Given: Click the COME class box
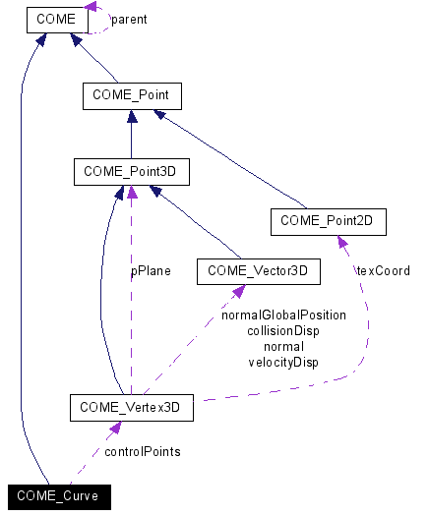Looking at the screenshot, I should [x=56, y=19].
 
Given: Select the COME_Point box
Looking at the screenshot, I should [x=132, y=95].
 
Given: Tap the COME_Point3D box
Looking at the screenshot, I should [x=131, y=173].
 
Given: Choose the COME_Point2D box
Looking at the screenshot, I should [x=328, y=221].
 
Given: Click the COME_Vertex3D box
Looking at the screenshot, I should [x=131, y=406].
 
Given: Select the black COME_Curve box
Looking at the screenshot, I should [x=57, y=496].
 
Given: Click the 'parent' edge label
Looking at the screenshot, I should [x=128, y=19].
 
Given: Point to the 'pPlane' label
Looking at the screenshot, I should [x=151, y=270].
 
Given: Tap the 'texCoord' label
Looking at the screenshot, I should [x=383, y=270].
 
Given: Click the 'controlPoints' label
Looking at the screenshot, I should [x=142, y=451].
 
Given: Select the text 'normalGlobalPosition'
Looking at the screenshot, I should [x=283, y=315].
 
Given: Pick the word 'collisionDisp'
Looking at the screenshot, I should [x=283, y=331].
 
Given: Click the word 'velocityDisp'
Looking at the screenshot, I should [x=283, y=362].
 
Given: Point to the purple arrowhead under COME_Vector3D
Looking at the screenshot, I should [x=238, y=291].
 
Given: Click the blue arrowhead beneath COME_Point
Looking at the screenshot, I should [x=132, y=116].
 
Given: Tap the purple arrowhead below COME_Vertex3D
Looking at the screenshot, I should [x=116, y=428].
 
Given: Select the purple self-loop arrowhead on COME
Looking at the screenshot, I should [x=91, y=9].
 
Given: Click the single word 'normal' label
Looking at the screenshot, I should [x=283, y=346].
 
